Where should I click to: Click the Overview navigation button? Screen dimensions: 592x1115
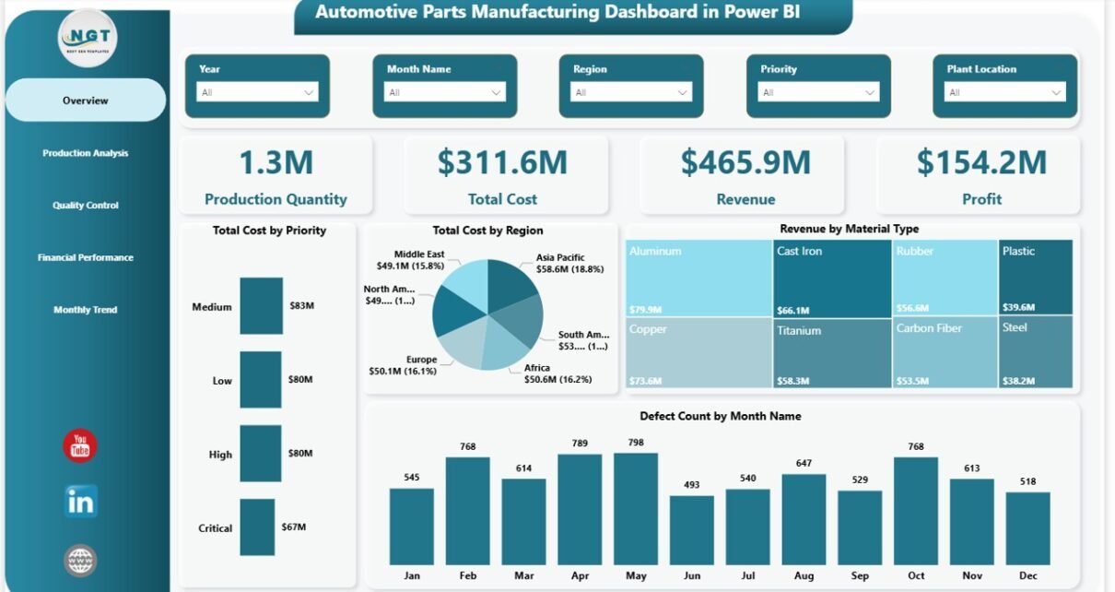(x=85, y=101)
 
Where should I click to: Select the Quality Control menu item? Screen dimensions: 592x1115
(x=85, y=206)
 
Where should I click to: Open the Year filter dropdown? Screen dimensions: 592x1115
(x=257, y=92)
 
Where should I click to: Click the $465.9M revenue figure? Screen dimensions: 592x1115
(x=745, y=162)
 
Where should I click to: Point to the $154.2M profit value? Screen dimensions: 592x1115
(x=981, y=162)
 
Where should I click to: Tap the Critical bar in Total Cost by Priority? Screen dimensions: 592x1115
(x=257, y=527)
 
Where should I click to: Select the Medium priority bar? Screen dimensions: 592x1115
(x=262, y=306)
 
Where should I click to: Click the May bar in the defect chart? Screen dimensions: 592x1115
(x=636, y=508)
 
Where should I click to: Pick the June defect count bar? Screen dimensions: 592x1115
(x=691, y=530)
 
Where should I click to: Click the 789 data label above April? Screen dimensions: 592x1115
(x=580, y=444)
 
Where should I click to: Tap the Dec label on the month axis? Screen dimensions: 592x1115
(x=1027, y=575)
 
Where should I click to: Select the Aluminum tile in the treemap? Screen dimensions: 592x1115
(x=698, y=277)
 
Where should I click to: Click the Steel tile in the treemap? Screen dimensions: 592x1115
(x=1036, y=351)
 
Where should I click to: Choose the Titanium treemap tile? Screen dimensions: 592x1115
(x=832, y=351)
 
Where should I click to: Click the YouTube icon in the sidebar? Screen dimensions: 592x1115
(x=80, y=446)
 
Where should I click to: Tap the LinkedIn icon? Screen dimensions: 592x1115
(x=80, y=502)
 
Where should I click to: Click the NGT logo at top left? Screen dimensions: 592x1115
(x=88, y=39)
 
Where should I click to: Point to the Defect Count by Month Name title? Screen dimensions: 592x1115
(x=720, y=416)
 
